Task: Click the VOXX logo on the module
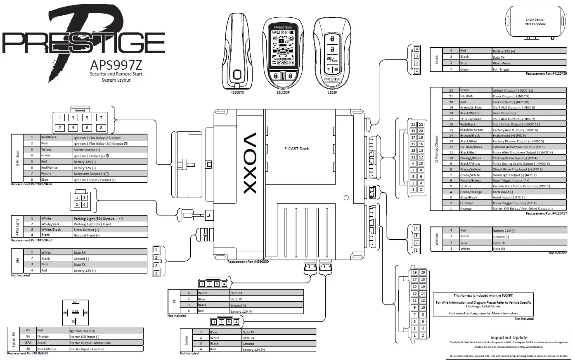pos(251,163)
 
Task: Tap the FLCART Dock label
pos(296,149)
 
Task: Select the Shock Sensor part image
pos(535,22)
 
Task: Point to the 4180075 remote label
pos(237,93)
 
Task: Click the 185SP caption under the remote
pos(332,93)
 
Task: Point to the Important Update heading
pos(509,337)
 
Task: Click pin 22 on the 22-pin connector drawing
pos(421,124)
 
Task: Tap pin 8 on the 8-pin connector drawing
pos(101,128)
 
